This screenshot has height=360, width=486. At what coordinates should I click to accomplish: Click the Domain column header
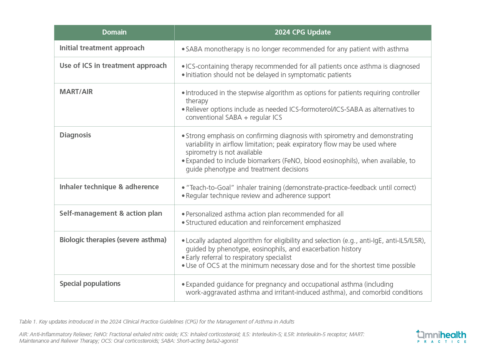point(114,33)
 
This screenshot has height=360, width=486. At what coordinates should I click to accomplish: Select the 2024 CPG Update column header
point(303,33)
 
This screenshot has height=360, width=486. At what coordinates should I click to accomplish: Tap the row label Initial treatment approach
point(102,48)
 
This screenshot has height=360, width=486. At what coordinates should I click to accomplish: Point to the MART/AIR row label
point(76,92)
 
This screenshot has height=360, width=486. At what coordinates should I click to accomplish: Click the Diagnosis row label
point(75,135)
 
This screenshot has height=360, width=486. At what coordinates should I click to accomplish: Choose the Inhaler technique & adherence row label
point(109,187)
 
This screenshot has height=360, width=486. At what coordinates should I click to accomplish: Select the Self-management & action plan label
point(111,213)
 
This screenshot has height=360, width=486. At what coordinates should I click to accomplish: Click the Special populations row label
point(90,284)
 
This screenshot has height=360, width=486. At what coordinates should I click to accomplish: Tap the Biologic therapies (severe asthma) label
point(113,240)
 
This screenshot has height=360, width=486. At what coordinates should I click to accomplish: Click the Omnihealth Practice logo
point(441,336)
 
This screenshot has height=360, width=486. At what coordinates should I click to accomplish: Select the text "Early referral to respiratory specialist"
point(238,257)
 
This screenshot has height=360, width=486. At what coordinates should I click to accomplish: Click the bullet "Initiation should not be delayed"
point(268,75)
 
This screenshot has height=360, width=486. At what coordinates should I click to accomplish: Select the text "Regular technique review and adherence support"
point(258,196)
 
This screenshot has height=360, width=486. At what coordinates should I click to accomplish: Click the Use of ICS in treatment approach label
point(113,66)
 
